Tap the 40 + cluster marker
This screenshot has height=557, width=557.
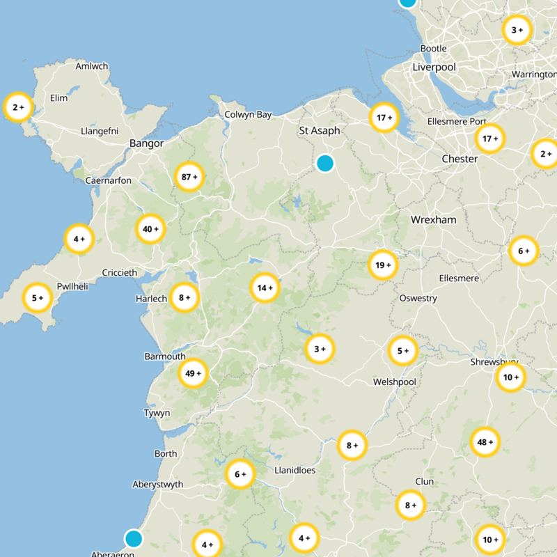point(150,228)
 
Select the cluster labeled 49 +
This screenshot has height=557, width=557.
point(193,373)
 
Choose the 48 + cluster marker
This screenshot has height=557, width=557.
point(485,441)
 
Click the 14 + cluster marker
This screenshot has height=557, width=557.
point(265,288)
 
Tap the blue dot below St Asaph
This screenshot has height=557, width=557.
point(325,163)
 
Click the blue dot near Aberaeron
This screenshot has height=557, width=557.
point(133,538)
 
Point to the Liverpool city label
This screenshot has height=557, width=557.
point(434,67)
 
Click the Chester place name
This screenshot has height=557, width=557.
point(460,159)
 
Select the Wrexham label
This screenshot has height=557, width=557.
point(433,219)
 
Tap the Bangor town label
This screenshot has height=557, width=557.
point(146,143)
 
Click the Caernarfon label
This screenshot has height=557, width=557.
point(108,180)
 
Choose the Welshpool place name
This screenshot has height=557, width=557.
point(394,382)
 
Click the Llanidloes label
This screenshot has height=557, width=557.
point(295,470)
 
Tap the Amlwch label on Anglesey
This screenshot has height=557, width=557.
point(92,66)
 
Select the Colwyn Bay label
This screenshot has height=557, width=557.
point(248,115)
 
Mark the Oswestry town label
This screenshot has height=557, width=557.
point(418,298)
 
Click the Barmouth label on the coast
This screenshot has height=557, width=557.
point(165,356)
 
